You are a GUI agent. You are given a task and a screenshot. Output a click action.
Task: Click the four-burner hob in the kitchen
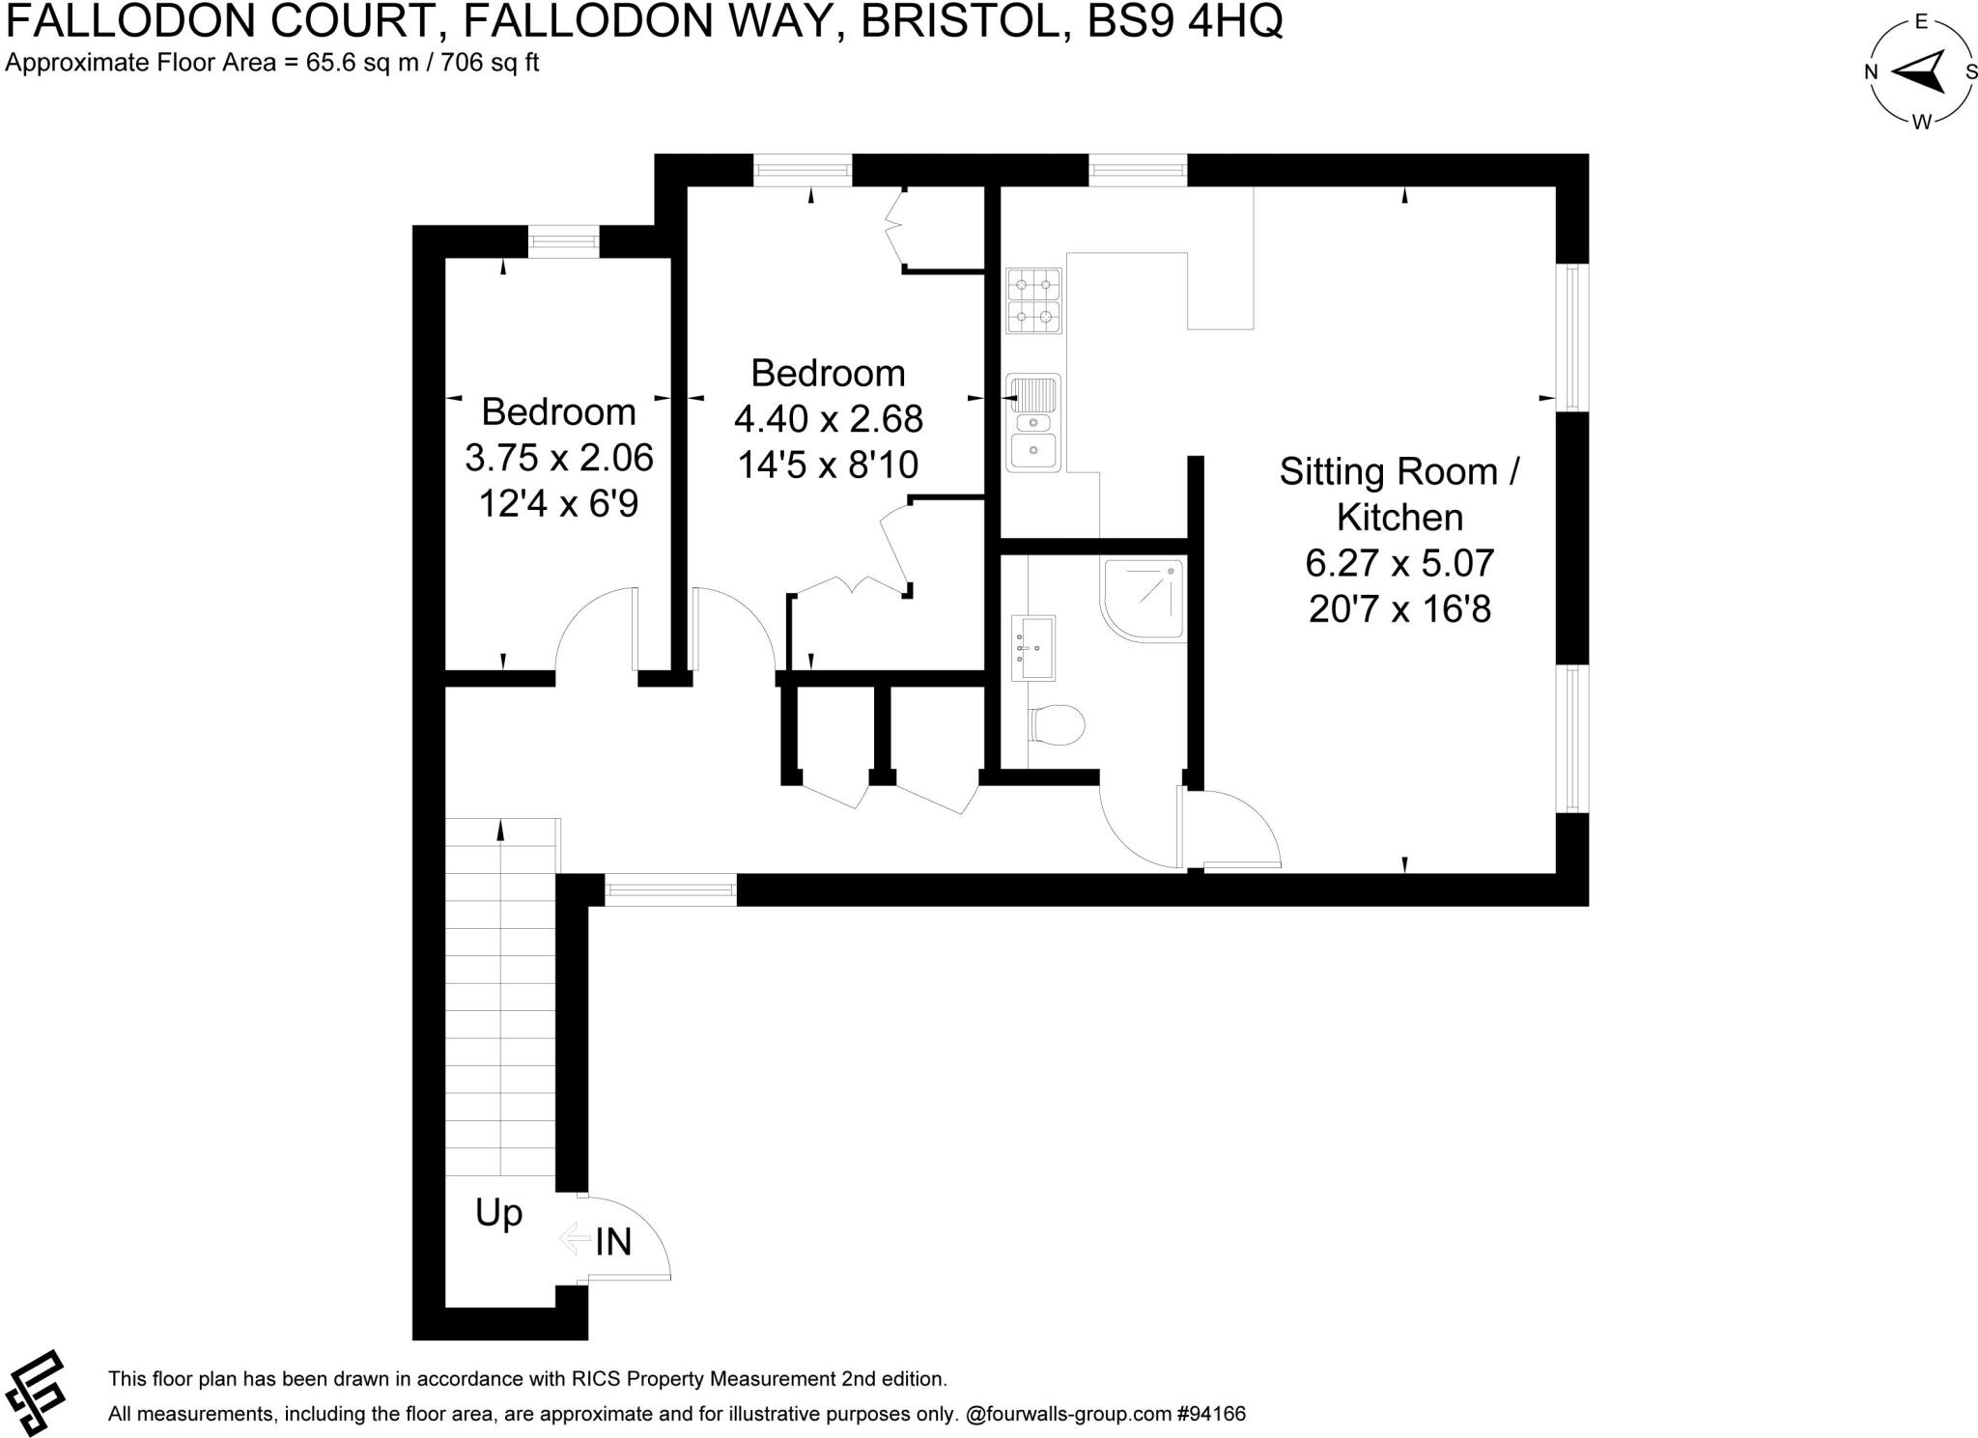click(1033, 300)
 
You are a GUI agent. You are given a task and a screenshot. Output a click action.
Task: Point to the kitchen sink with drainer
click(1033, 423)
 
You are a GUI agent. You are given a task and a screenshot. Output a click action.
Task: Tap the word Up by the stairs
click(498, 1213)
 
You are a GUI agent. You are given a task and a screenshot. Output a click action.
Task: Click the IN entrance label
click(612, 1242)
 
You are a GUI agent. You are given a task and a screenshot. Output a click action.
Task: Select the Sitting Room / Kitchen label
click(1399, 494)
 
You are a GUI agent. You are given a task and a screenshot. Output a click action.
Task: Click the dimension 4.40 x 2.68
click(829, 419)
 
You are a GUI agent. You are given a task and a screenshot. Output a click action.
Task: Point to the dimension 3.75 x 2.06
click(559, 458)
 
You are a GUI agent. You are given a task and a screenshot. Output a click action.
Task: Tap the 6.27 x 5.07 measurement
click(1399, 562)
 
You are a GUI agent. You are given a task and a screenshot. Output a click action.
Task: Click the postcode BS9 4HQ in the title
click(1185, 21)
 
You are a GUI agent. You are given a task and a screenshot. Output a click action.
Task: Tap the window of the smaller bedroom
click(564, 241)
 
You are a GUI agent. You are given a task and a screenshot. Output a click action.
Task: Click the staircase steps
click(501, 995)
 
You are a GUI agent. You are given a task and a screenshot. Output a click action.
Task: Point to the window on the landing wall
click(670, 889)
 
